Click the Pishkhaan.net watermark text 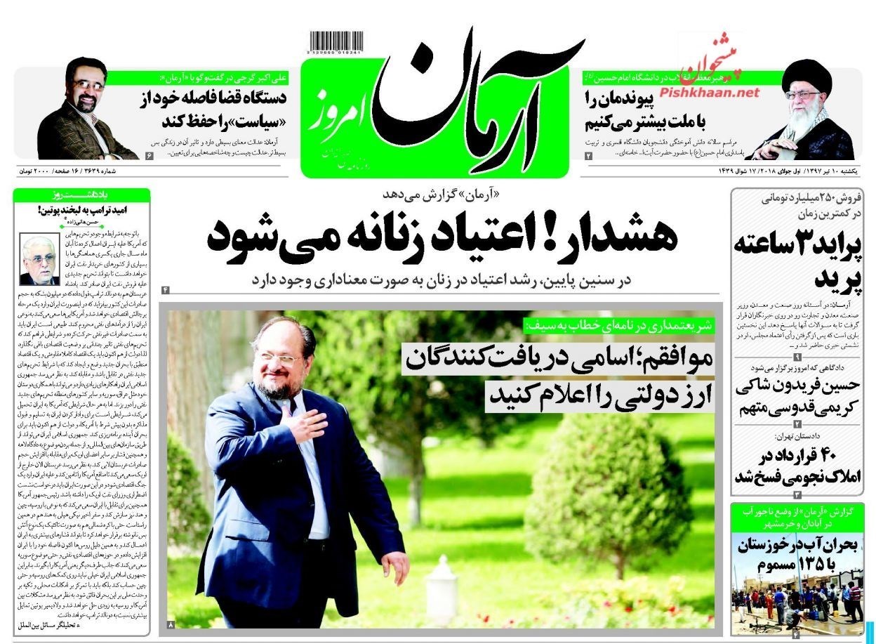[710, 92]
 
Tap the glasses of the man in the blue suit [281, 360]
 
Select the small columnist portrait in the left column [39, 258]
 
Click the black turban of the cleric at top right [805, 74]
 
